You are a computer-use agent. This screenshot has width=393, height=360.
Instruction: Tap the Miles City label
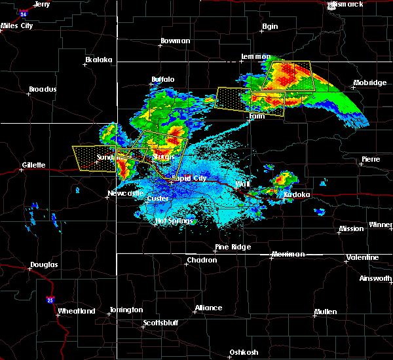[x=17, y=26]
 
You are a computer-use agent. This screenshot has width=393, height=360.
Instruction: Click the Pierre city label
[x=371, y=160]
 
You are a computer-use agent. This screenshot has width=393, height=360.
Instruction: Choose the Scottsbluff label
[x=162, y=323]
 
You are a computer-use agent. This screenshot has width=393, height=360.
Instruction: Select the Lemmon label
[x=255, y=57]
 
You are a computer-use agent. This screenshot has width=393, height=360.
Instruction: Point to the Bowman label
[x=175, y=41]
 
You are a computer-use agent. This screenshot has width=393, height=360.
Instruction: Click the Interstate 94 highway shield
[x=24, y=12]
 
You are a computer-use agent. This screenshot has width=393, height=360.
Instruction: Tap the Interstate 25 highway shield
[x=50, y=300]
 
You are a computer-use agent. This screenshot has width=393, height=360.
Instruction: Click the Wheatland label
[x=77, y=311]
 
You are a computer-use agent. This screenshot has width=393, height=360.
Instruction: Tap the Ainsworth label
[x=376, y=278]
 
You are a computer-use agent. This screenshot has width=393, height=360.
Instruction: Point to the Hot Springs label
[x=174, y=221]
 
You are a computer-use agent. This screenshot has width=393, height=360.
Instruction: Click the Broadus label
[x=43, y=89]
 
